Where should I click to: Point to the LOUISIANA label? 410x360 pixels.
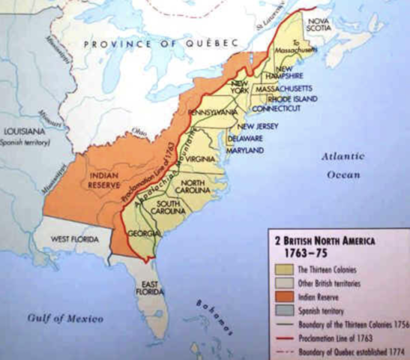point(25,131)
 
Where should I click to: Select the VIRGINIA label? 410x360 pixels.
point(199,159)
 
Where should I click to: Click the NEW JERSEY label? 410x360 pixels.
point(262,126)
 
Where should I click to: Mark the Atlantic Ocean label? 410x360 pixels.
point(344,165)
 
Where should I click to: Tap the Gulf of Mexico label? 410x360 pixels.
point(65,319)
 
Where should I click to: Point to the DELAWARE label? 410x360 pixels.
point(245,139)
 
